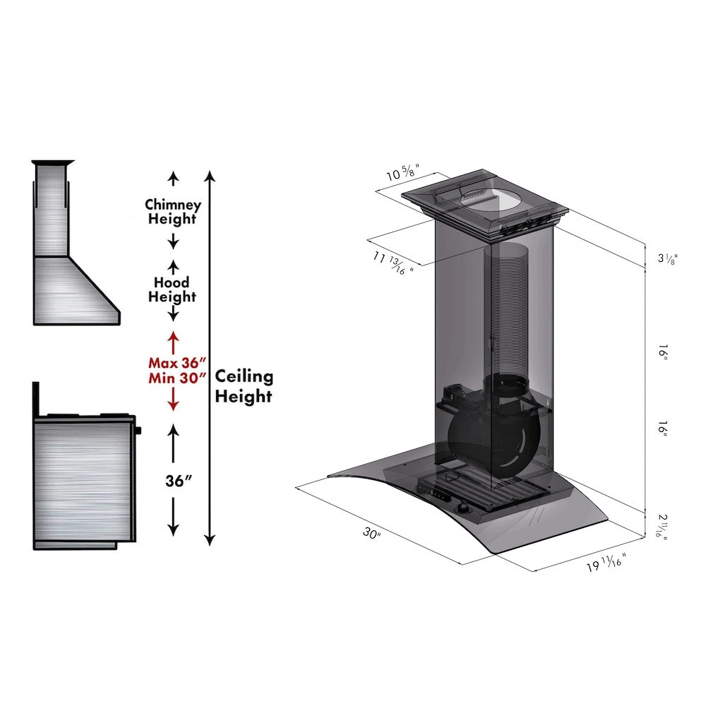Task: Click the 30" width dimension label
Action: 372,534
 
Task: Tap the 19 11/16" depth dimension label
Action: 606,563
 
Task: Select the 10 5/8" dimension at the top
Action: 403,172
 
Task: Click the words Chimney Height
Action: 172,212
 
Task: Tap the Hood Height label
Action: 172,289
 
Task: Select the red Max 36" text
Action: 177,363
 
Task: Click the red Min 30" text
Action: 177,378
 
